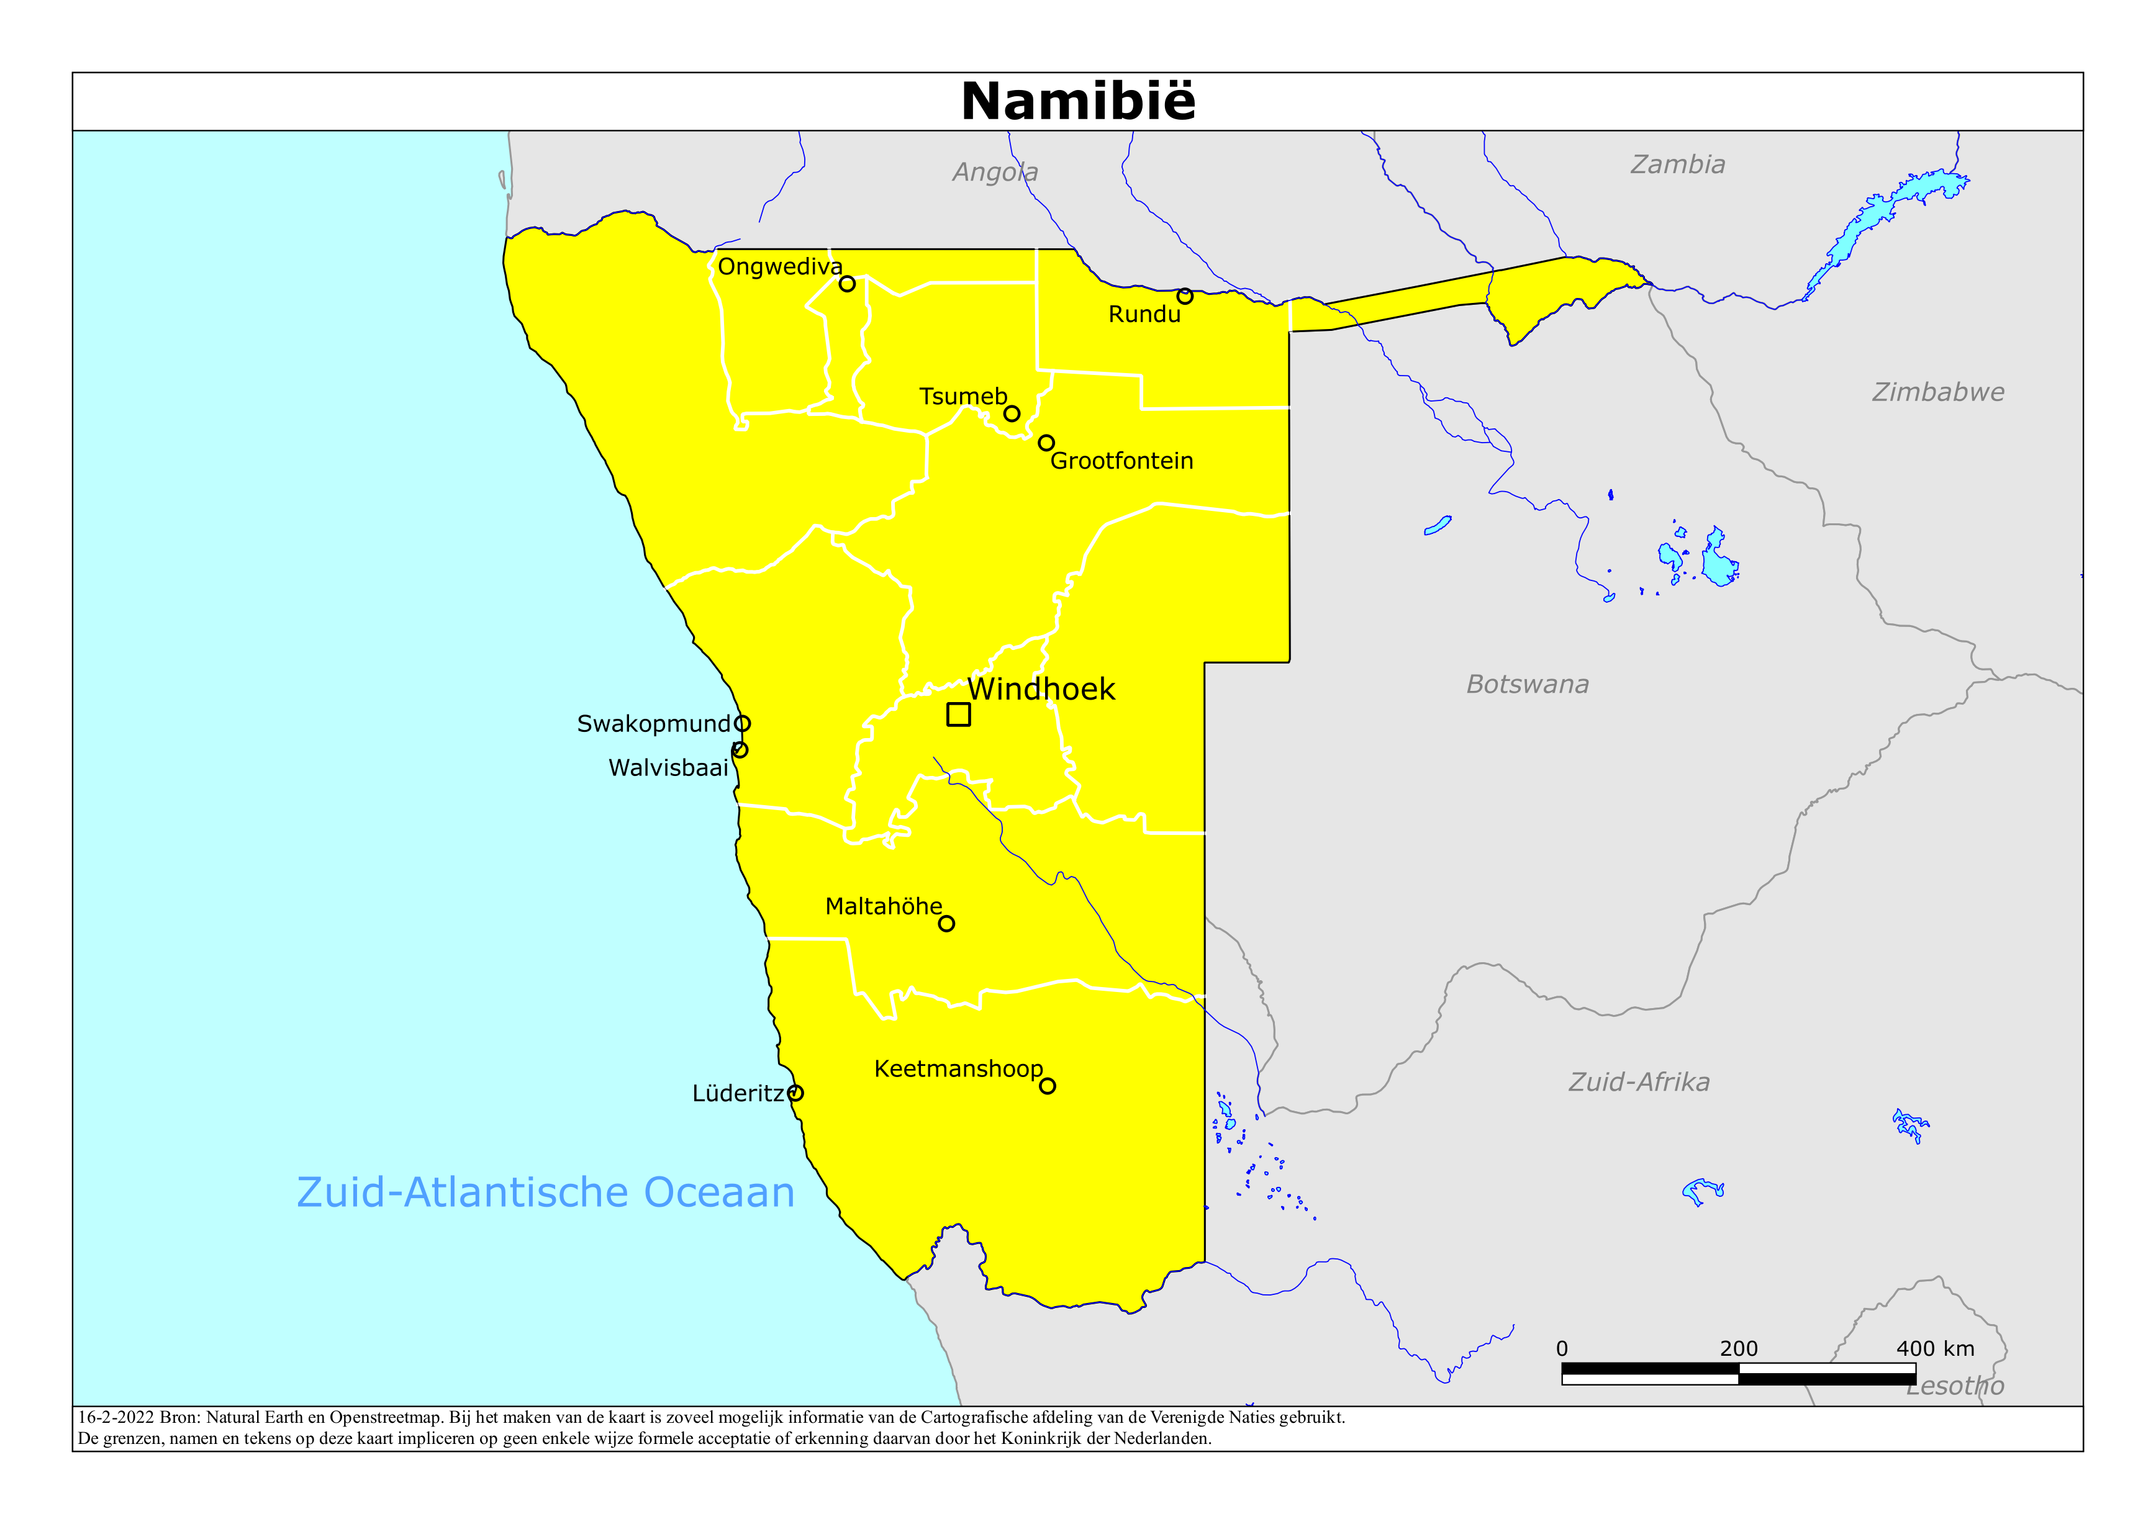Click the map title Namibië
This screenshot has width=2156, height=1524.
[1078, 101]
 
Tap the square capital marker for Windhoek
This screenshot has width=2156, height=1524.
[958, 715]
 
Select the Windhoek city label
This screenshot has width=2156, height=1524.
[1041, 689]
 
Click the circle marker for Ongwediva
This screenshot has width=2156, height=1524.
[847, 284]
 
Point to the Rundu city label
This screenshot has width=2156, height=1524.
[1144, 315]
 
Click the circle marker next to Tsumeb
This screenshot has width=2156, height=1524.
[1012, 413]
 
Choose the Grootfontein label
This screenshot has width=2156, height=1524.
[1121, 461]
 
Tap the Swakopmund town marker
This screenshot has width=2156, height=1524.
[742, 723]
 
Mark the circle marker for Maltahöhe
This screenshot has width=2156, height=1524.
[946, 924]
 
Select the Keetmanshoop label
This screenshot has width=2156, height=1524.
[958, 1070]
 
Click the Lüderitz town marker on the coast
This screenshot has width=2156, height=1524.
[795, 1093]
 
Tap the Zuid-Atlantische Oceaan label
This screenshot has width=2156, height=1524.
[546, 1193]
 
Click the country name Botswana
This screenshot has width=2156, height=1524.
[1527, 685]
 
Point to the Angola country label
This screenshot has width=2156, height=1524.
[994, 173]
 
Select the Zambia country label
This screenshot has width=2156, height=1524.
[1677, 165]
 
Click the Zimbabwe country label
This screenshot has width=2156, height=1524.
[1937, 392]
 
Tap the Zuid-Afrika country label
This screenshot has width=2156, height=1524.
[1639, 1083]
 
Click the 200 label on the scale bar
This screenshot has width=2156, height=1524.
[1738, 1350]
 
